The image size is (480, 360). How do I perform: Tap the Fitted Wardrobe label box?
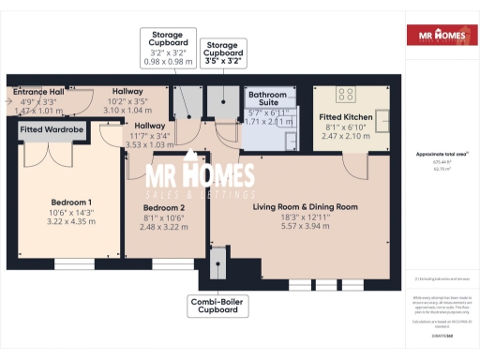tap(52, 128)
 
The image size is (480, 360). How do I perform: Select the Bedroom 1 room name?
tap(70, 202)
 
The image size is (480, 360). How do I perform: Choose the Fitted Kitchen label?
tap(346, 117)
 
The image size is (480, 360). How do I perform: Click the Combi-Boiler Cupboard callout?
tap(217, 306)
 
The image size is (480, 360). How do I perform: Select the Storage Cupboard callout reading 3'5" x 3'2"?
tap(222, 53)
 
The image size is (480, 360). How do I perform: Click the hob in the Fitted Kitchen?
tap(343, 94)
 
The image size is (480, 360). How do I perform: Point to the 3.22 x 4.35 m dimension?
tap(70, 222)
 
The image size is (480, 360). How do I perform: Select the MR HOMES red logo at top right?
tap(438, 37)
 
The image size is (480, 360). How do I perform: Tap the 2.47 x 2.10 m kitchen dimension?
tap(346, 136)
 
